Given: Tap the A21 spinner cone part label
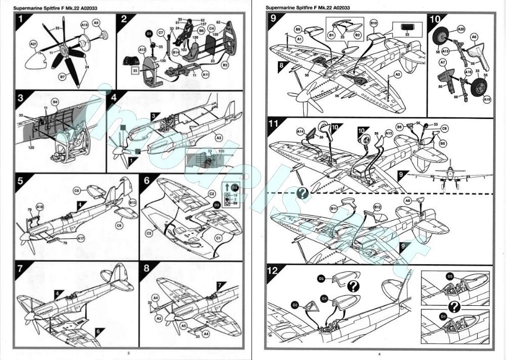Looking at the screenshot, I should tap(34, 45).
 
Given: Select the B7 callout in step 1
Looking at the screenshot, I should tap(63, 76).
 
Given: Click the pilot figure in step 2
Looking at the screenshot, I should tap(190, 30).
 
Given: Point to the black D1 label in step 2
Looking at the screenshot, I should tap(149, 33).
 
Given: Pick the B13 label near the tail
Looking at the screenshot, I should tap(133, 203).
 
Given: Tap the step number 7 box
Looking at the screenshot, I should tap(21, 268).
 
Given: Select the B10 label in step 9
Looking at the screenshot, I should tap(374, 23).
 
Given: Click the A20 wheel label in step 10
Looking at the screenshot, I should tap(461, 29).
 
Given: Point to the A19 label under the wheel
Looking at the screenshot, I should tap(487, 100).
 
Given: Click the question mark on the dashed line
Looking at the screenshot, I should tap(303, 193).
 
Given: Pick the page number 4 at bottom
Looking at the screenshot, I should tap(378, 353).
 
